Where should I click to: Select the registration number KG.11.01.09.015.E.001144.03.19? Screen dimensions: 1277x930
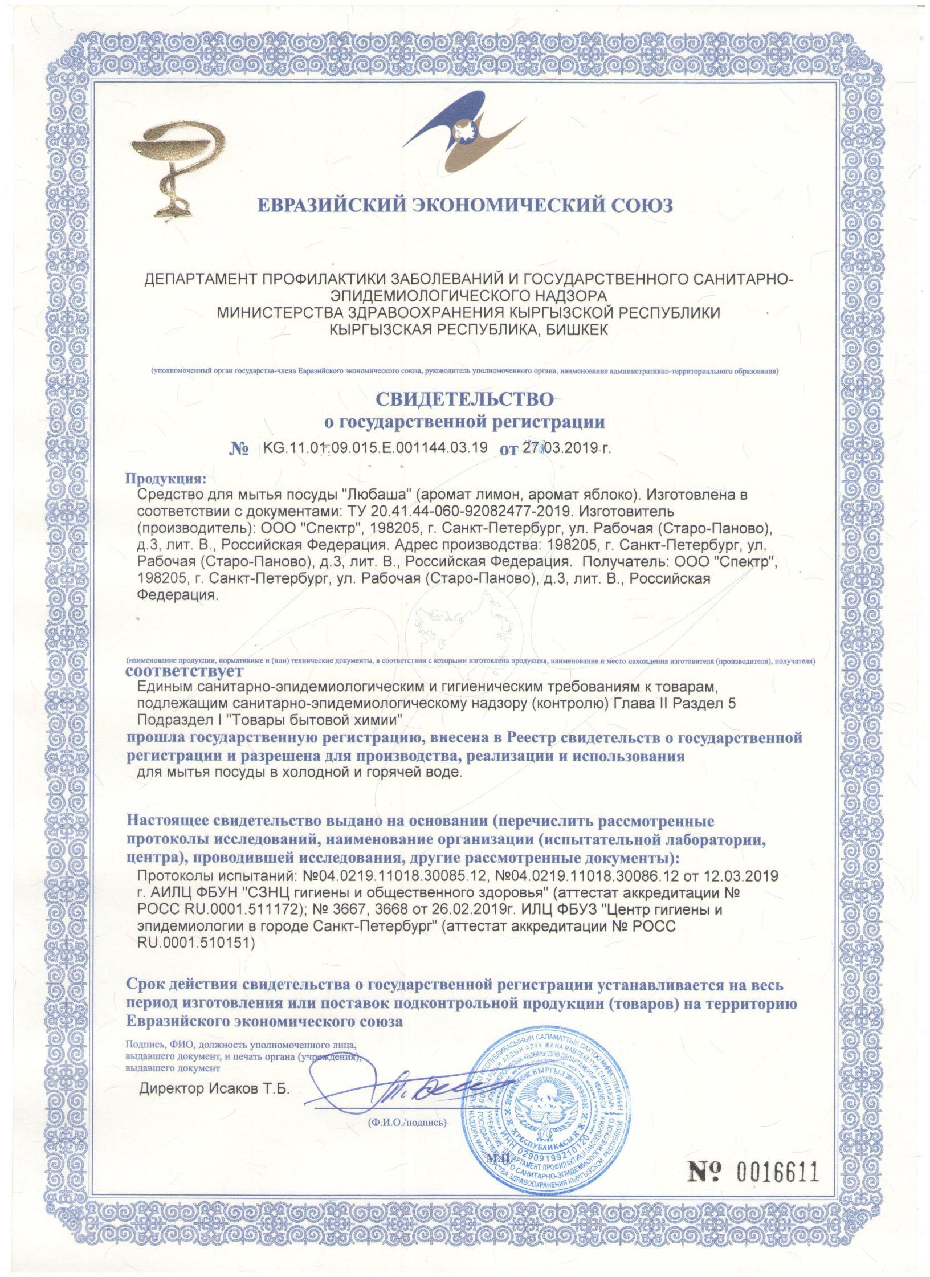click(374, 448)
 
